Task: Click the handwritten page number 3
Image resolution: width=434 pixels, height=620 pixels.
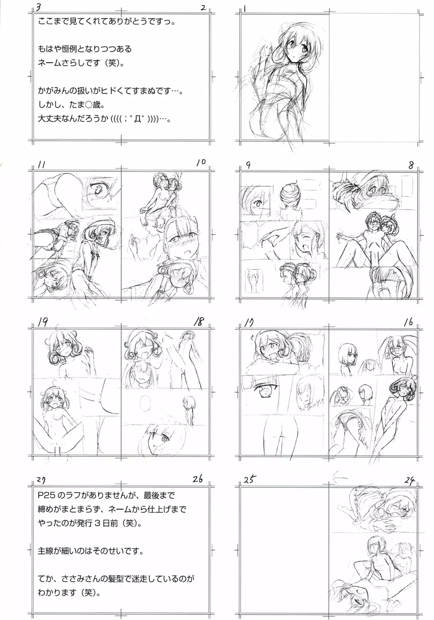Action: tap(39, 7)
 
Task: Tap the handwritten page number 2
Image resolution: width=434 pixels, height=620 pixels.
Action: tap(203, 7)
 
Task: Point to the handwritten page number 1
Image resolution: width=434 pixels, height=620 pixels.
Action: tap(244, 8)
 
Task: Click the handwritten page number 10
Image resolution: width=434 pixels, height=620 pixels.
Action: tap(201, 162)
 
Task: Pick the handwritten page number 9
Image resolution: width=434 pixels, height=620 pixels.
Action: tap(248, 165)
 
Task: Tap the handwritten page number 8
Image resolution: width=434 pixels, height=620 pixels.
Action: tap(411, 165)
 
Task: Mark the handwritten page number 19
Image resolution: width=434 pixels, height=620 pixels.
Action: tap(43, 322)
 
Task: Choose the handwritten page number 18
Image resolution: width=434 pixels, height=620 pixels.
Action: tap(199, 321)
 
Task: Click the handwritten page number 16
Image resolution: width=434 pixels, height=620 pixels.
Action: tap(408, 322)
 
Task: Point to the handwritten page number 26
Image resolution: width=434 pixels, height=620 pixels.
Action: tap(198, 478)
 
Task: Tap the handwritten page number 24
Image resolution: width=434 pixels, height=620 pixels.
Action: tap(410, 480)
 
